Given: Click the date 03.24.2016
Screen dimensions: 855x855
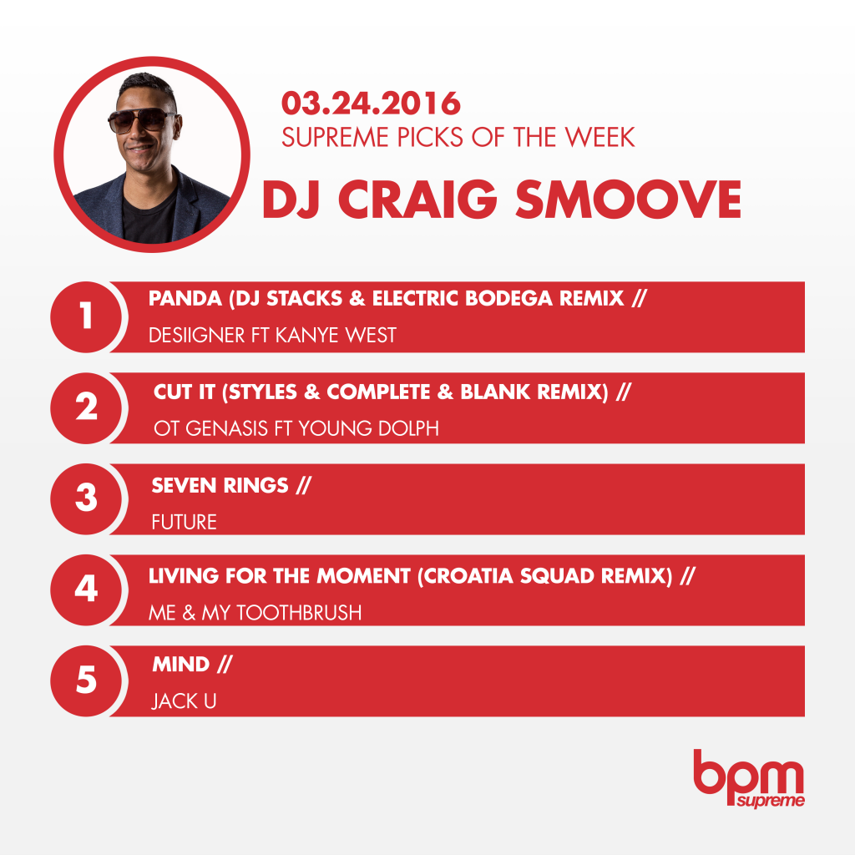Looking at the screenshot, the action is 371,104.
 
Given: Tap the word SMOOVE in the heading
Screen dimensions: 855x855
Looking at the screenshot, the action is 628,199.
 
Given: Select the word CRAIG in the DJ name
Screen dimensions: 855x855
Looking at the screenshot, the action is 417,199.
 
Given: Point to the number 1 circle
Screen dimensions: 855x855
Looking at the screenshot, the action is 86,316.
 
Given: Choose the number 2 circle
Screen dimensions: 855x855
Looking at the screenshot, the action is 86,407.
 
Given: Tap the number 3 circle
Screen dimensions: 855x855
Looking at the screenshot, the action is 86,499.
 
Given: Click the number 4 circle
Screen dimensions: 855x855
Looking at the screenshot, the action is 86,590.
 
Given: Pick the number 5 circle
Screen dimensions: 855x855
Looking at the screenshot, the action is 86,681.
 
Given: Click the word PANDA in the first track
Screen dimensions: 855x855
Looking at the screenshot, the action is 185,298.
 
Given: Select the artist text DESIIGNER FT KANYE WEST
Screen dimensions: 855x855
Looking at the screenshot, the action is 273,335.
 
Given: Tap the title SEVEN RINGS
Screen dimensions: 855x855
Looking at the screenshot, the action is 220,485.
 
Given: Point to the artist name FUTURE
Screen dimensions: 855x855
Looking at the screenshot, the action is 185,522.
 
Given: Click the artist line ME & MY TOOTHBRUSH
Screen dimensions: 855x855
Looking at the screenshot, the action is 255,613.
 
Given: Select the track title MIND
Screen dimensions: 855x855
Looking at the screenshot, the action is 181,664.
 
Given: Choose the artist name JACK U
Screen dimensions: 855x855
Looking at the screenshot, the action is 184,701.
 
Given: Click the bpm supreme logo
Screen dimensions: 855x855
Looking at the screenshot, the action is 749,778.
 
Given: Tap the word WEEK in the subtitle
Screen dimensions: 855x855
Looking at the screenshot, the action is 600,138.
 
